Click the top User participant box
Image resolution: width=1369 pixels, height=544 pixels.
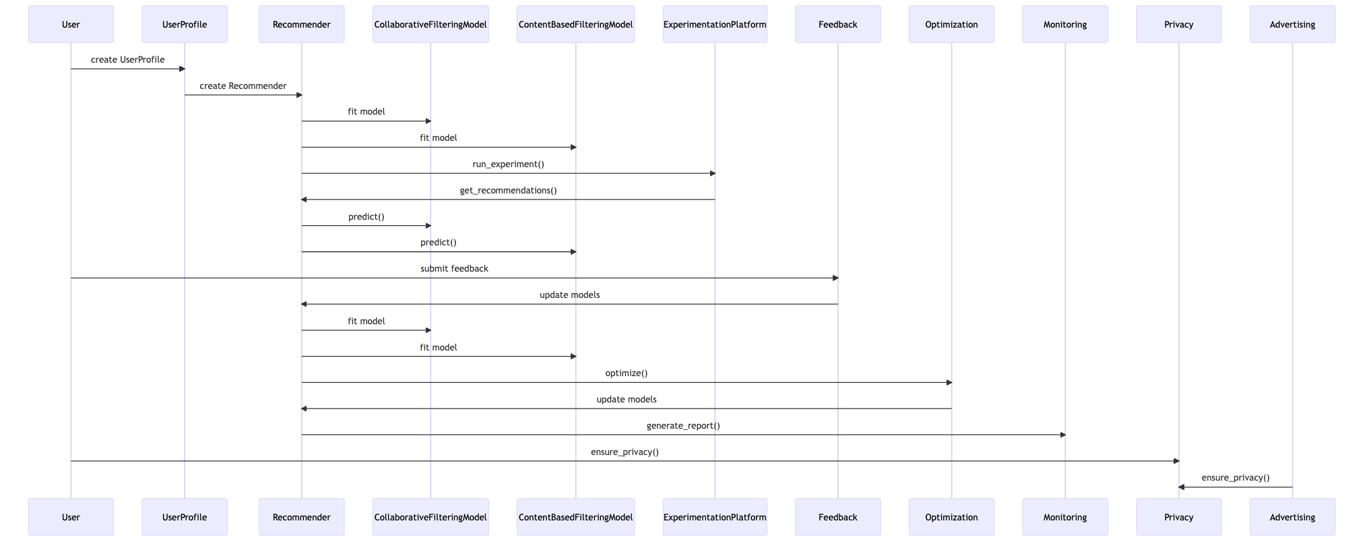pos(71,24)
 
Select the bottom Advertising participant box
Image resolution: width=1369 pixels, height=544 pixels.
pos(1292,517)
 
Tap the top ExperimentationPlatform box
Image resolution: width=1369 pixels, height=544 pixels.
pos(714,24)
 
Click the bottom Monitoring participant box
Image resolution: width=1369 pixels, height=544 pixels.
pos(1064,517)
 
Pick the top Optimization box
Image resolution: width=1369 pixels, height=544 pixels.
pos(951,24)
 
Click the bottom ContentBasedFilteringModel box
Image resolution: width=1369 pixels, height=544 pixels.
pos(575,517)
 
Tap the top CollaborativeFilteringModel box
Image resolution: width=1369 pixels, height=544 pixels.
pos(430,24)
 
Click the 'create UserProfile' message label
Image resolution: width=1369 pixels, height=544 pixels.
pos(127,59)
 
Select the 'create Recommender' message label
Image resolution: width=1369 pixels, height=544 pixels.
pos(243,86)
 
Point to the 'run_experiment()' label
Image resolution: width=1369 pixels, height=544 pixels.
pos(508,164)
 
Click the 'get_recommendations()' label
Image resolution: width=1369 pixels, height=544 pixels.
pos(508,190)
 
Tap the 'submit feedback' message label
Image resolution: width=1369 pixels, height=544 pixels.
pos(454,268)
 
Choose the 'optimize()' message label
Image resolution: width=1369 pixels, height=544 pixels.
pos(626,373)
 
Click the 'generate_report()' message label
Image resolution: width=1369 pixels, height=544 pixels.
pos(682,425)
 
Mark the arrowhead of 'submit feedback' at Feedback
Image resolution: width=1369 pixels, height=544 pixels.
pos(835,278)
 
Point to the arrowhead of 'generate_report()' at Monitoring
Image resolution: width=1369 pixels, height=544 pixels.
pos(1062,435)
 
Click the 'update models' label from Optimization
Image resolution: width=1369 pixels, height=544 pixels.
pos(626,399)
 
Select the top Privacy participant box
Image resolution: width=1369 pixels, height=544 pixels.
pos(1178,24)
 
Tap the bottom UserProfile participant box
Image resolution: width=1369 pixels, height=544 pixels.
pos(184,517)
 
